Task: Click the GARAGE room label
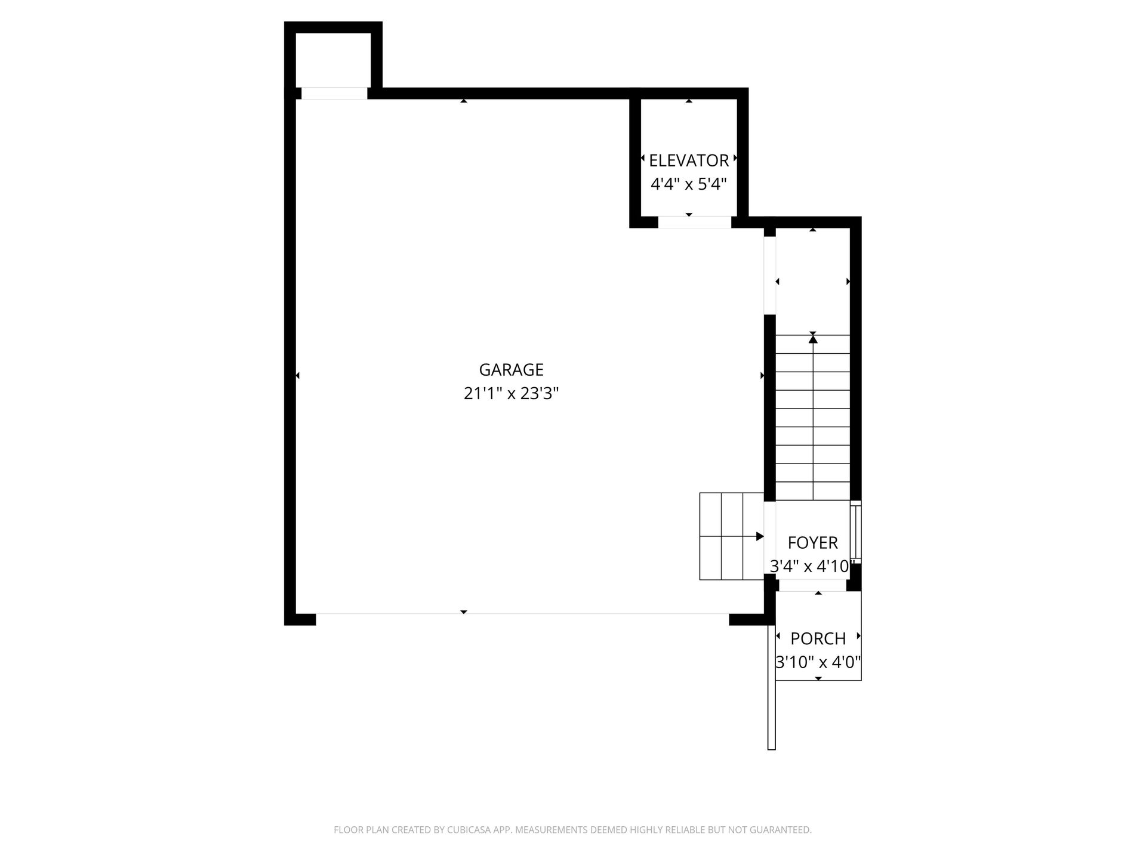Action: click(511, 370)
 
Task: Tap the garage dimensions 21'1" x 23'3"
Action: click(511, 394)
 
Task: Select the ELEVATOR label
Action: click(689, 160)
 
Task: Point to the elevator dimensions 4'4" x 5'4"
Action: click(689, 184)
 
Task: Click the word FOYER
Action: click(812, 543)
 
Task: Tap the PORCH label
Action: click(818, 639)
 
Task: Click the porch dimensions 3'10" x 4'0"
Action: click(818, 663)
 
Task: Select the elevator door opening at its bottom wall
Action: click(695, 222)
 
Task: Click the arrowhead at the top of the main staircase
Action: click(812, 339)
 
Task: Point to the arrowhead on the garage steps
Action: click(760, 536)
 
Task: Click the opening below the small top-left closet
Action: click(334, 94)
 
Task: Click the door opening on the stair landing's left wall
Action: click(770, 276)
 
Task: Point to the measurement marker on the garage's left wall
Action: click(297, 375)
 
